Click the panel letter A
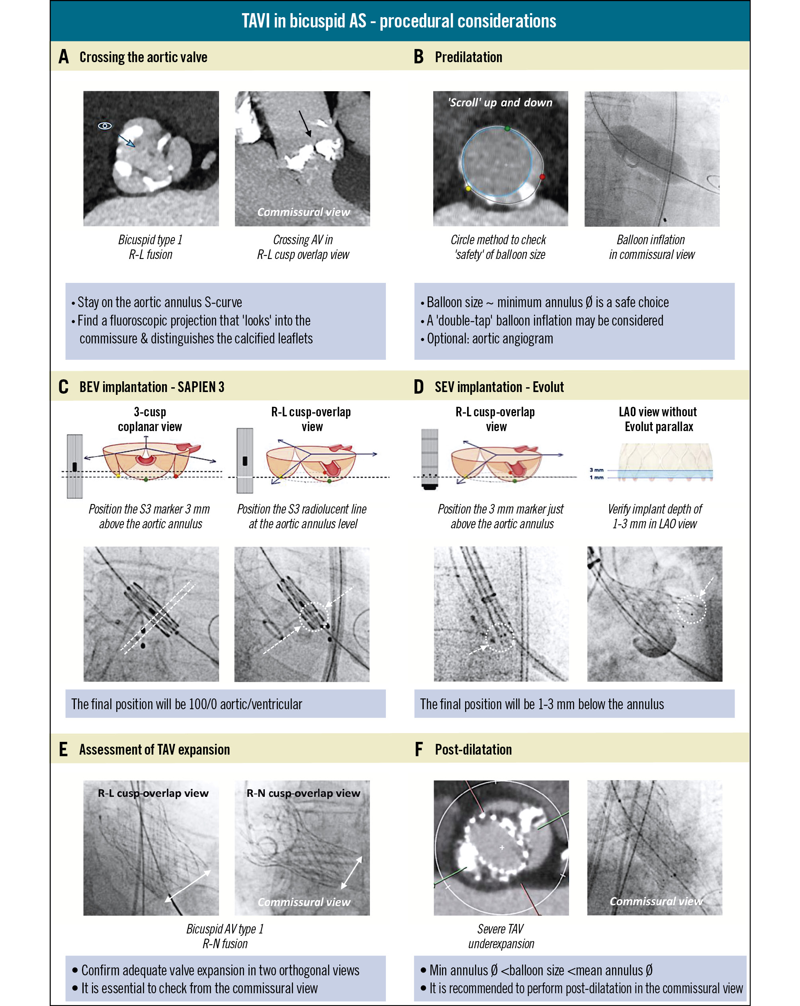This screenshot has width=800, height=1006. click(63, 57)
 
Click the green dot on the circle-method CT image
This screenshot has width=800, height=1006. click(507, 128)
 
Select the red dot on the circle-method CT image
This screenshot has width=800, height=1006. click(542, 177)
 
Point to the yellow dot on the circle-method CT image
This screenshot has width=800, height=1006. click(468, 188)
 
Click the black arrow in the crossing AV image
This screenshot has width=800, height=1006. click(305, 123)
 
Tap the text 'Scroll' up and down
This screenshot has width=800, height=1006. click(500, 103)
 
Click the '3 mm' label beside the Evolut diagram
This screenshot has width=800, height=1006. click(596, 470)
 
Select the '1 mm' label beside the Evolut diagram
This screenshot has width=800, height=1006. click(596, 477)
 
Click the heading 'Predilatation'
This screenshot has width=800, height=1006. click(468, 57)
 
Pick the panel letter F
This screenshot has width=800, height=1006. click(419, 749)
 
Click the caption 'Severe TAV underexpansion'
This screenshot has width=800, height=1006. click(501, 936)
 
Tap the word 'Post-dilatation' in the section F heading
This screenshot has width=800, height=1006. click(473, 749)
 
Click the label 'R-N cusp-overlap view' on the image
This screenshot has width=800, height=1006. click(303, 793)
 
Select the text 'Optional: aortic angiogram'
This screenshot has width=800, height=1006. click(490, 339)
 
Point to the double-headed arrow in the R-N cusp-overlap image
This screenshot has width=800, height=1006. click(352, 873)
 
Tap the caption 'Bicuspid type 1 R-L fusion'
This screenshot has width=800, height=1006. click(150, 247)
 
